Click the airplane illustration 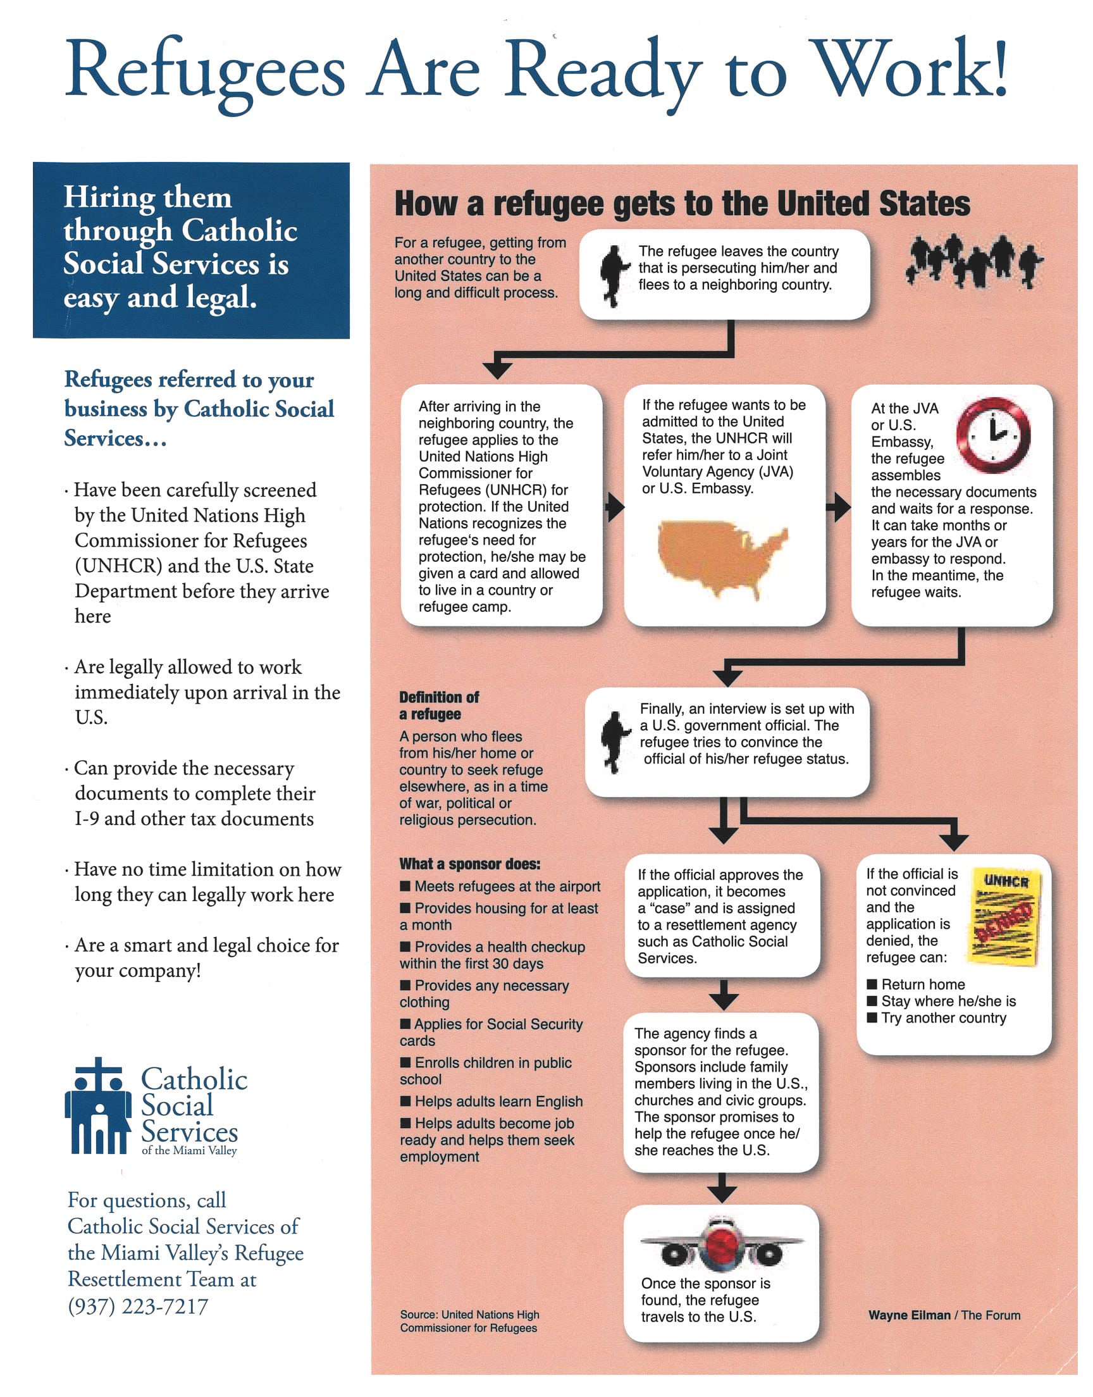coord(721,1245)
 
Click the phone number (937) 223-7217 coord(139,1306)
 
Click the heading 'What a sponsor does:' coord(470,864)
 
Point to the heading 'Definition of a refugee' coord(438,705)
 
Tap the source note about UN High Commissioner coord(469,1321)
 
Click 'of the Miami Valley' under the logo coord(188,1151)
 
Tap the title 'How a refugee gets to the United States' coord(681,204)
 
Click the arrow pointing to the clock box coord(837,507)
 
